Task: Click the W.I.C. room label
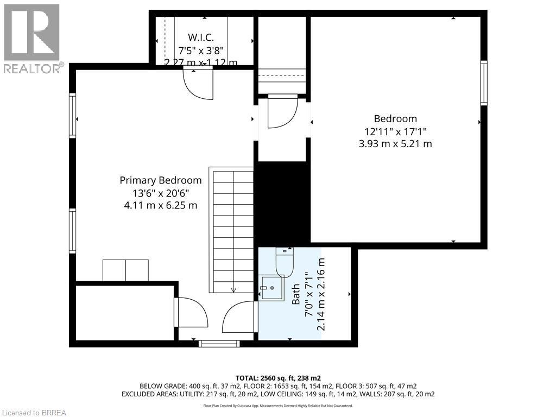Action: pyautogui.click(x=200, y=37)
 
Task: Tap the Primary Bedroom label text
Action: pyautogui.click(x=160, y=180)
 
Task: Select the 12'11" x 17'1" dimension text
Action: pyautogui.click(x=395, y=131)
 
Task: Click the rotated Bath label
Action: pyautogui.click(x=296, y=294)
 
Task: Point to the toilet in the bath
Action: pyautogui.click(x=284, y=261)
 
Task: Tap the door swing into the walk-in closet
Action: pyautogui.click(x=198, y=86)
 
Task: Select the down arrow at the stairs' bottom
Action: pyautogui.click(x=233, y=290)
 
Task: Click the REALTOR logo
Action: pyautogui.click(x=32, y=38)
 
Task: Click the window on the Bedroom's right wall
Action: pyautogui.click(x=483, y=83)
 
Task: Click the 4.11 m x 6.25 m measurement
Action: pyautogui.click(x=160, y=206)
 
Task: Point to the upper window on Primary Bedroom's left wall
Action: pyautogui.click(x=72, y=115)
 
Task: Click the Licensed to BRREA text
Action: pyautogui.click(x=34, y=412)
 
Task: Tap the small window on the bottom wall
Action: pyautogui.click(x=219, y=343)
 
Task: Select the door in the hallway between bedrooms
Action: pyautogui.click(x=281, y=111)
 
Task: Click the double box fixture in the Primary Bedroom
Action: pyautogui.click(x=125, y=270)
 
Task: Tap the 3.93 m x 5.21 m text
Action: pyautogui.click(x=395, y=144)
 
